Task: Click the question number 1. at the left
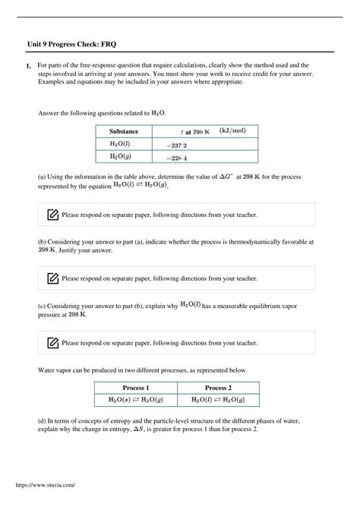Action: point(28,67)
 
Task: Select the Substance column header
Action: point(124,131)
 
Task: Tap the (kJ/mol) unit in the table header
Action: point(237,131)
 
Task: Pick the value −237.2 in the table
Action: point(176,145)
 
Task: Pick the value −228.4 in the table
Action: point(176,158)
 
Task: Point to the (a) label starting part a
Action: point(42,176)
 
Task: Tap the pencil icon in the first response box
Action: point(52,215)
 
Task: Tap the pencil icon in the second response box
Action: point(52,279)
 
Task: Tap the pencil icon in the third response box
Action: point(52,342)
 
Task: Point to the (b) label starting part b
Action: point(42,241)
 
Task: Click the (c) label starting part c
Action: point(42,305)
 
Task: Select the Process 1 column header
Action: point(136,387)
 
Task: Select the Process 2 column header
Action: point(218,387)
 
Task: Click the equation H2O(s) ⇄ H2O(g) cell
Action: point(136,400)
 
